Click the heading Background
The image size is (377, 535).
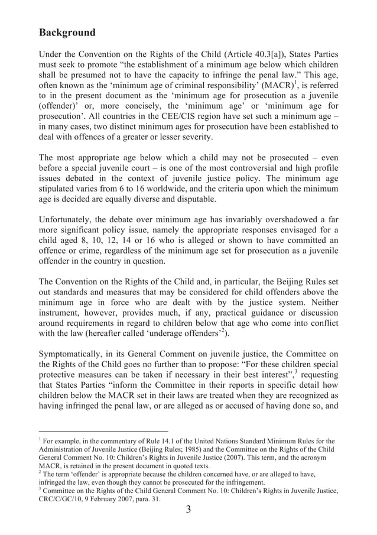67,32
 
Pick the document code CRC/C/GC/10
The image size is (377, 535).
64,498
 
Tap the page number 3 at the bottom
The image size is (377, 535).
188,511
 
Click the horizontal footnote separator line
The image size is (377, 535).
103,432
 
